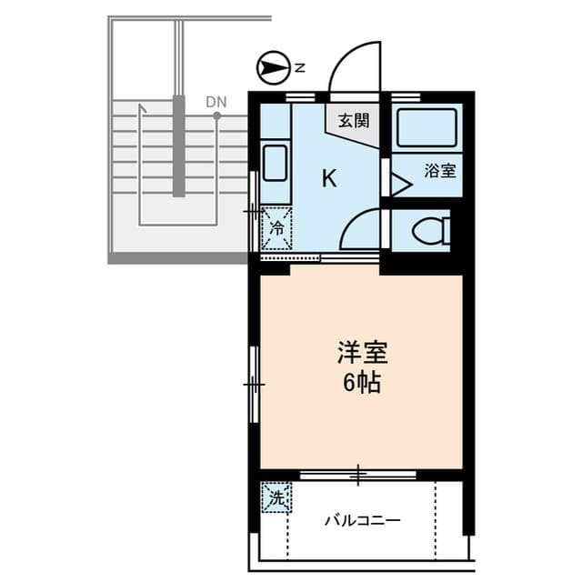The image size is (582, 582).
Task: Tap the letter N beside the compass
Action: [x=299, y=66]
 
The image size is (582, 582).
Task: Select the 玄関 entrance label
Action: [x=354, y=120]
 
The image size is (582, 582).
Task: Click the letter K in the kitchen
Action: [x=329, y=177]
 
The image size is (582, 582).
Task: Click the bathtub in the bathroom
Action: [x=425, y=128]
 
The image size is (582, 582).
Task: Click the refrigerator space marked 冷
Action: [x=276, y=228]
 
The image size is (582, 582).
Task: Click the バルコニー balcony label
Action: [x=364, y=521]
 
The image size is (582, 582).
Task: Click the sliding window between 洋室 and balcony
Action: [x=358, y=474]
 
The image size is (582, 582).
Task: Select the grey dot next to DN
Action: [x=216, y=115]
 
